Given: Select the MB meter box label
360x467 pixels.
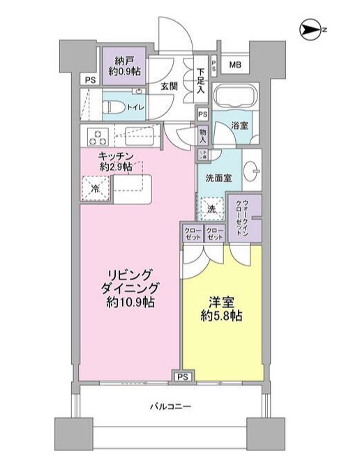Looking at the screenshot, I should coord(234,66).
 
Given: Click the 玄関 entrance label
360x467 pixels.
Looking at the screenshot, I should coord(169,87).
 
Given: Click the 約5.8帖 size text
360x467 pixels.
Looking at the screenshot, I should coord(223,316).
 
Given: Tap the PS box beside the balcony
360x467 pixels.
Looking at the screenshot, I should coord(183,377).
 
